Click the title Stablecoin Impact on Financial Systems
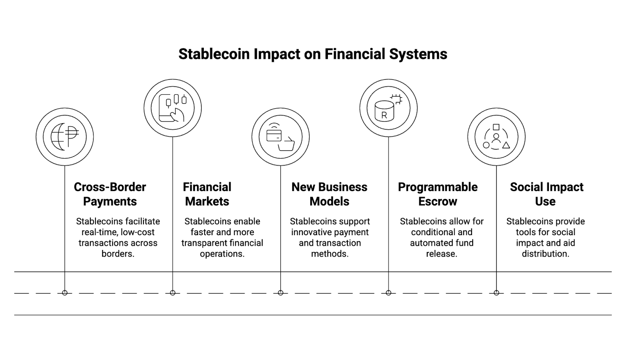click(313, 54)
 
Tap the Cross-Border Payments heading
click(110, 194)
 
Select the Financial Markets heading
click(207, 194)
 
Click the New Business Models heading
click(329, 194)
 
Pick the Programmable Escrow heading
click(438, 194)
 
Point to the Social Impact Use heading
click(546, 194)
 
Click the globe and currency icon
click(65, 137)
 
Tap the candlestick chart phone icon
click(173, 108)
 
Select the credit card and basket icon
click(280, 137)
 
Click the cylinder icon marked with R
click(388, 108)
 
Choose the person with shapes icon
click(496, 137)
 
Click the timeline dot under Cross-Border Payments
click(65, 293)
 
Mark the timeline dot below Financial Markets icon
click(173, 293)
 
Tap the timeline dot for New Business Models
click(281, 293)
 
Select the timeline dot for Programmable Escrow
click(389, 293)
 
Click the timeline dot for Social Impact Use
click(496, 293)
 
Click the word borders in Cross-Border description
click(118, 254)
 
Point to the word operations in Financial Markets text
click(222, 254)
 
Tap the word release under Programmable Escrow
click(442, 254)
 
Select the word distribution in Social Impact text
click(545, 254)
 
